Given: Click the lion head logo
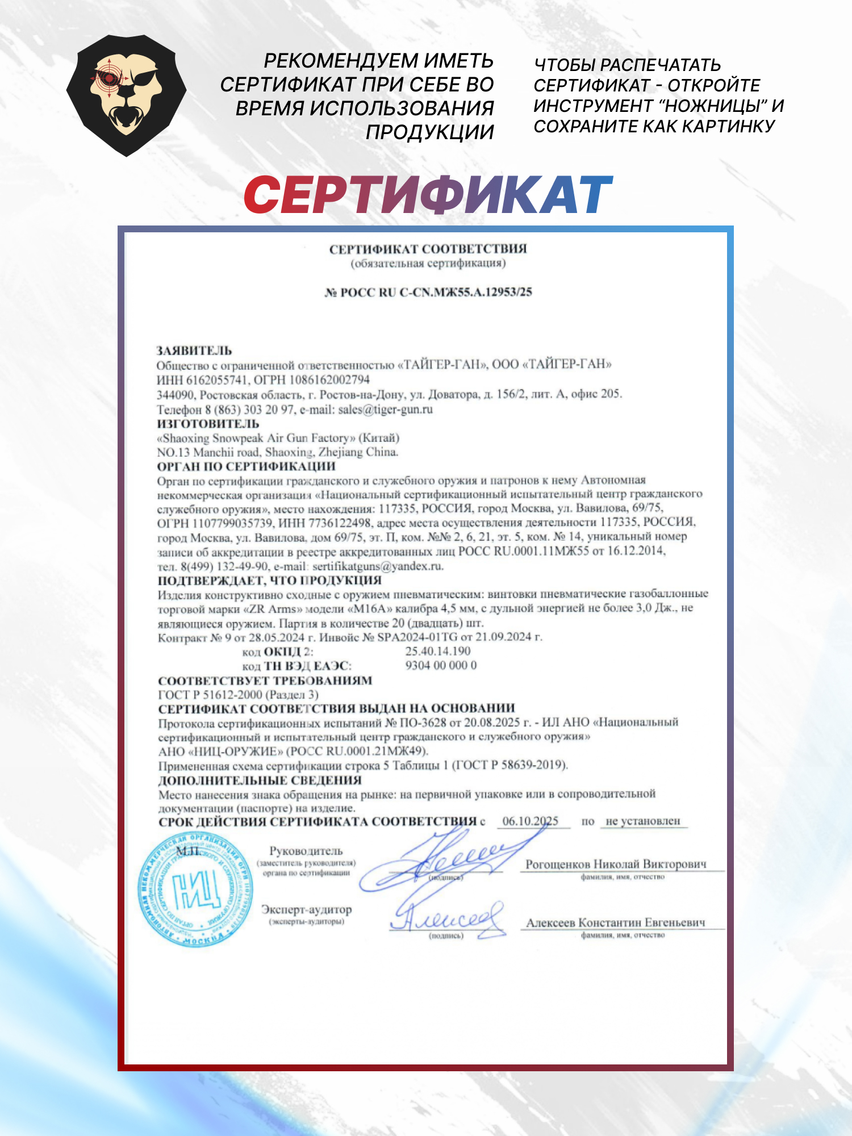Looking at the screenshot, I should coord(126,95).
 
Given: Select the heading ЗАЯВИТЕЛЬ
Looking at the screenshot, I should coord(194,350).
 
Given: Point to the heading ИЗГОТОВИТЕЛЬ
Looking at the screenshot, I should coord(208,424).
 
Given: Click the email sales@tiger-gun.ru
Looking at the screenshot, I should coord(385,410).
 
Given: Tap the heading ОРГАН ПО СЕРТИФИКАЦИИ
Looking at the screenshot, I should coord(246,467).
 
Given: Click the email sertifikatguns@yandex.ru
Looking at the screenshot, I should coord(377,566).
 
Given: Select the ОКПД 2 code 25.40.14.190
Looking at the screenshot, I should coord(437,651).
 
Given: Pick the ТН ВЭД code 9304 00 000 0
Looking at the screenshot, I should coord(441,665).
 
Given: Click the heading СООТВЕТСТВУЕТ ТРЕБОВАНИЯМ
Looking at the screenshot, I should coord(265,680).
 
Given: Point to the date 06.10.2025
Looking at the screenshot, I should coord(531,821).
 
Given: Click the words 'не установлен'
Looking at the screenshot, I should coord(642,821).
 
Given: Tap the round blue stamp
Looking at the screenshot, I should coord(196,889).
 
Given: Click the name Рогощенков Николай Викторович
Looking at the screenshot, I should coord(616,864).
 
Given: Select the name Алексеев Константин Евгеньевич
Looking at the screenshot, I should coord(616,923).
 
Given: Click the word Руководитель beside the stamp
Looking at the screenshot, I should coord(306,851).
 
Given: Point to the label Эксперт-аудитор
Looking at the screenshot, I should coord(306,909).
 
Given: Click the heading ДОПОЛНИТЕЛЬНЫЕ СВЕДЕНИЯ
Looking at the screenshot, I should coord(260,780).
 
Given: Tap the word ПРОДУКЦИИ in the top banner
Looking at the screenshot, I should coord(429,132).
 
